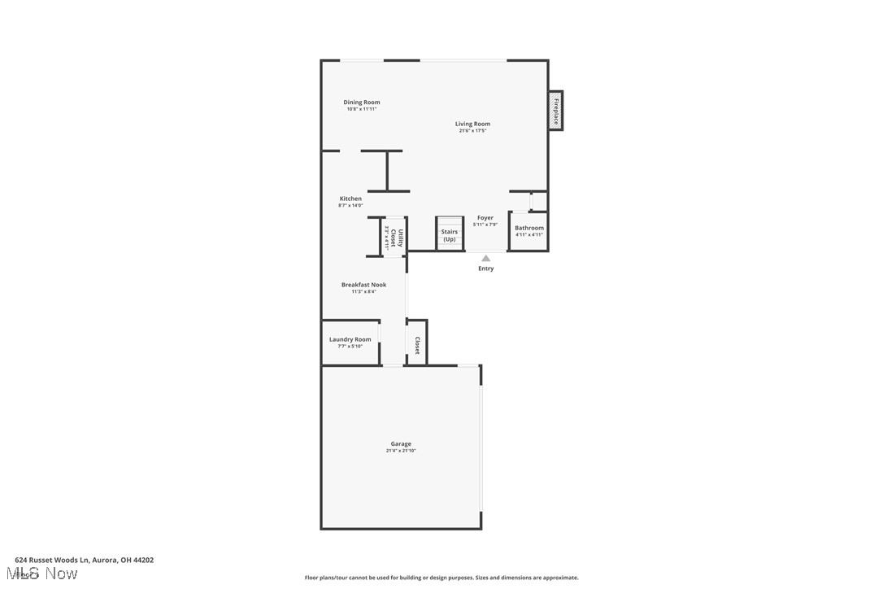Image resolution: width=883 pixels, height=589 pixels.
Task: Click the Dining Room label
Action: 362,103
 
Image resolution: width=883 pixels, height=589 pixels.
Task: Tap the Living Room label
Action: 472,124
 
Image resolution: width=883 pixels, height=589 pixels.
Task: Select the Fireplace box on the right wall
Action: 556,110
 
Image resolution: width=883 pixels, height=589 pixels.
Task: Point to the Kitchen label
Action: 350,199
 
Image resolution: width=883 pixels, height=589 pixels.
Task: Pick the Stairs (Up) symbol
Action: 449,234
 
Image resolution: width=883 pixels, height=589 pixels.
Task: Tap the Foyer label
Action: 485,218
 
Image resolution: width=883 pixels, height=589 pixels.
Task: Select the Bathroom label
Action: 529,228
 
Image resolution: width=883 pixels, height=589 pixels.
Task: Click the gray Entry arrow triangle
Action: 486,258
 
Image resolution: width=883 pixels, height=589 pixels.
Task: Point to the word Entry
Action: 486,268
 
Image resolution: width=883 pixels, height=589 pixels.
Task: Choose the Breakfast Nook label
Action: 363,285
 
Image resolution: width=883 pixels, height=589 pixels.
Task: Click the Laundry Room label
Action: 350,339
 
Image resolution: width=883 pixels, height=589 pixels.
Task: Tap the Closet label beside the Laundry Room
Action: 417,345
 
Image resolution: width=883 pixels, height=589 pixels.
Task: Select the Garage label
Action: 401,443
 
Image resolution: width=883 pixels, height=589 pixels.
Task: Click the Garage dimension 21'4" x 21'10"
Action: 401,451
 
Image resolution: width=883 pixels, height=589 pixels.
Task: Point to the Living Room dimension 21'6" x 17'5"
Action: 472,131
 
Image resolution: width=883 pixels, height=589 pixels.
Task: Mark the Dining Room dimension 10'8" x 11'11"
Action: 362,109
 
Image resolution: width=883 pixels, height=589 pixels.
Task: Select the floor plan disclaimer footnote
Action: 441,578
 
